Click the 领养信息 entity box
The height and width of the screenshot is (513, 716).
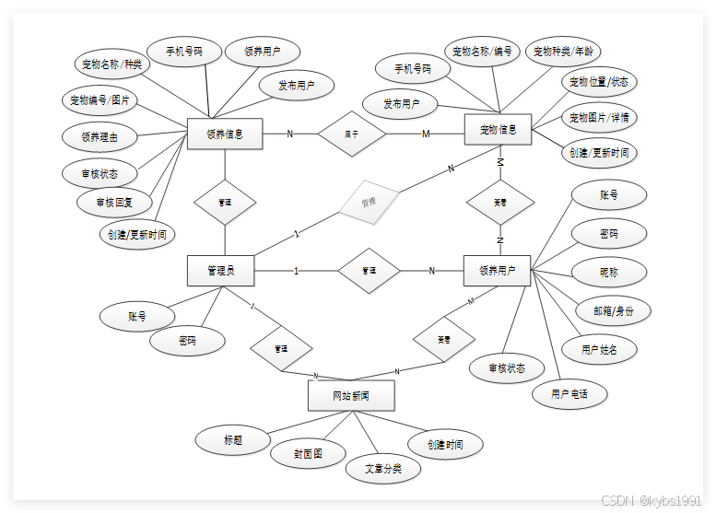coord(225,134)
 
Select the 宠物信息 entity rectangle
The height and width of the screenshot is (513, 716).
coord(499,130)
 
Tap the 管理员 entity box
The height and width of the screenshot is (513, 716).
coord(220,271)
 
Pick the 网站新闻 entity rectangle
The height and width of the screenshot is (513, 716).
coord(351,396)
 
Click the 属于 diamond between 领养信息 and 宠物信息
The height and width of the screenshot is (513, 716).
coord(351,134)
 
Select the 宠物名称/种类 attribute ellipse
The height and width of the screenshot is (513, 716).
coord(112,64)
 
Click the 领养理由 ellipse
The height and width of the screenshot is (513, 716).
coord(100,136)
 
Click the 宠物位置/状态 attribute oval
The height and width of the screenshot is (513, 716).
coord(599,82)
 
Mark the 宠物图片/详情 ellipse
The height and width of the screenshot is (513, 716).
coord(599,118)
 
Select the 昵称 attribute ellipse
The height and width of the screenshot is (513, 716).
coord(608,273)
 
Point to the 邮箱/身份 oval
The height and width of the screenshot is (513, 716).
coord(614,310)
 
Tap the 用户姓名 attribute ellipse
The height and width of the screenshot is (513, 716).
coord(598,350)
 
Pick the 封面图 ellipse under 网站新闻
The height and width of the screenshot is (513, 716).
coord(308,453)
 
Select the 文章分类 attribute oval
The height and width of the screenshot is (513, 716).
coord(383,469)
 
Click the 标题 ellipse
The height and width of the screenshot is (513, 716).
coord(233,439)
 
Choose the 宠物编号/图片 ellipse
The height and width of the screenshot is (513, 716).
coord(100,99)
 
